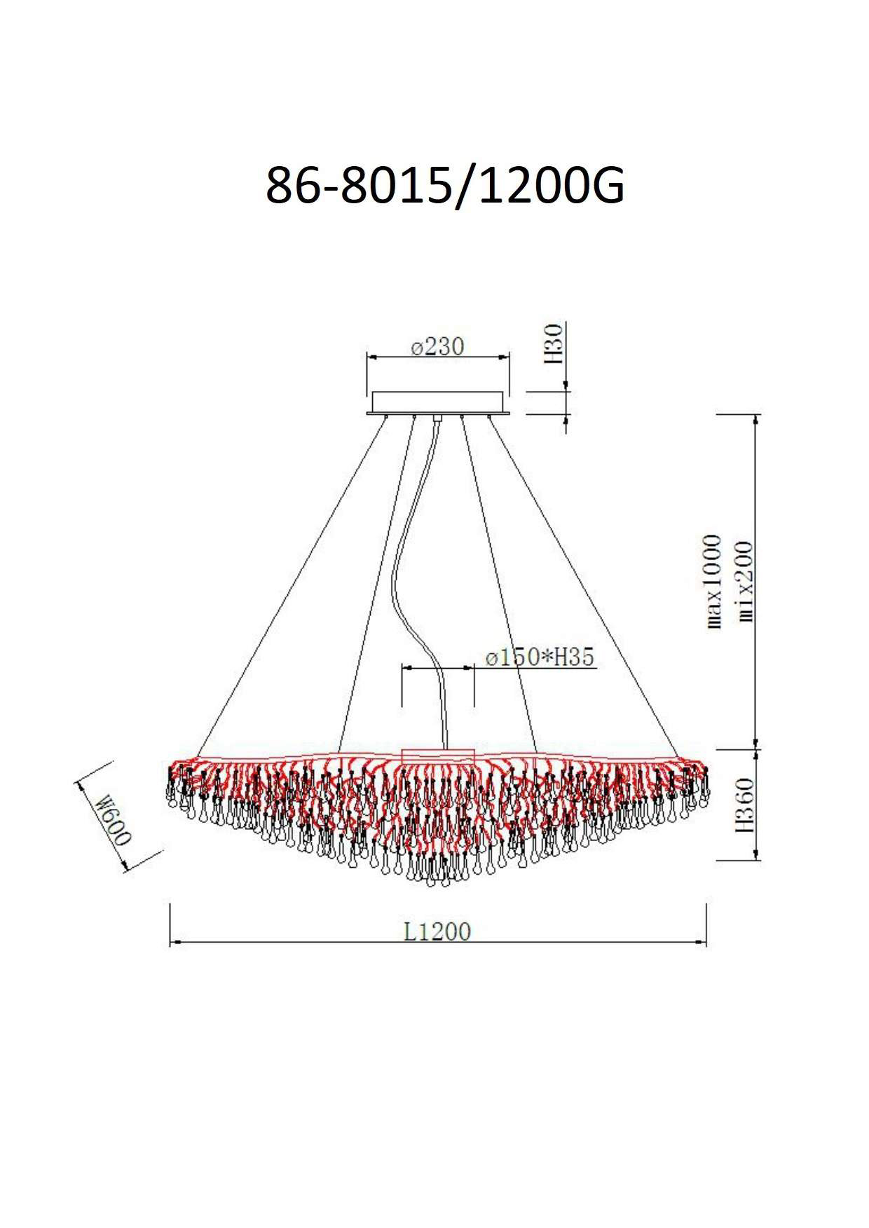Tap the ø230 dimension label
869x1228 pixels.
point(437,347)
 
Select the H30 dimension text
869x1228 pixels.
point(553,343)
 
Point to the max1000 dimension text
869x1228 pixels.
point(713,581)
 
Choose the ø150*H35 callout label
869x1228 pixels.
point(540,657)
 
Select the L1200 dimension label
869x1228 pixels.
point(437,932)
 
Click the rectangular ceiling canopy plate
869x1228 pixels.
point(437,402)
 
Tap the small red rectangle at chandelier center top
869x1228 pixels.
point(439,756)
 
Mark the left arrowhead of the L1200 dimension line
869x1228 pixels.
point(175,943)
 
